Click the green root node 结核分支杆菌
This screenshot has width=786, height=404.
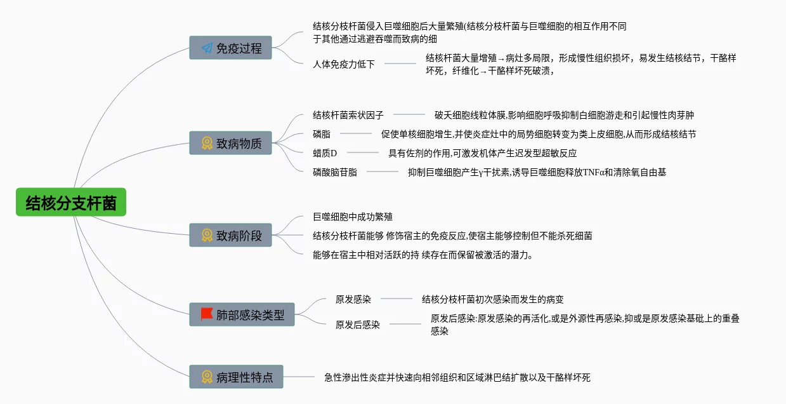click(71, 202)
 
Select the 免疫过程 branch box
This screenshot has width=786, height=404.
click(230, 48)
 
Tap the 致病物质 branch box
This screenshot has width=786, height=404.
click(230, 143)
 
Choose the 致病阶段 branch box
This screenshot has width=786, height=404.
click(230, 235)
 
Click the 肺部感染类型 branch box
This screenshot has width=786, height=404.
click(242, 314)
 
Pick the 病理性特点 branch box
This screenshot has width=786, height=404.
click(236, 377)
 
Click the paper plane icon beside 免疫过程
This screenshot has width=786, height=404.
click(207, 48)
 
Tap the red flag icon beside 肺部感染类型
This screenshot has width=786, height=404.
click(207, 314)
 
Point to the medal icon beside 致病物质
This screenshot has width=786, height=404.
click(207, 144)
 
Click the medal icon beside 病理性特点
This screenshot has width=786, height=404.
click(207, 377)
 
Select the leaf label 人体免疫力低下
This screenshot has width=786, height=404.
click(344, 64)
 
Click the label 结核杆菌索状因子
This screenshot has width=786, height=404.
click(348, 115)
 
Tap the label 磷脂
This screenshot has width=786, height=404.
click(322, 134)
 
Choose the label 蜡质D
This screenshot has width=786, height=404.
click(325, 153)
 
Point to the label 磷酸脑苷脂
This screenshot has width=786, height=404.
click(335, 172)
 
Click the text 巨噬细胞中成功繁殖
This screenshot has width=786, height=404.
click(357, 217)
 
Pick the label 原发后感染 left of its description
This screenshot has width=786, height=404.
click(358, 325)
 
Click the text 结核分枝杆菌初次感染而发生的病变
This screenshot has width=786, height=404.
click(493, 299)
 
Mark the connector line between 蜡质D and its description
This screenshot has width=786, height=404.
click(362, 153)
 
